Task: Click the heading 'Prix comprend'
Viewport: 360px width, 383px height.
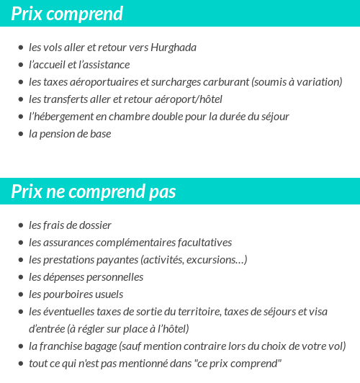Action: point(67,14)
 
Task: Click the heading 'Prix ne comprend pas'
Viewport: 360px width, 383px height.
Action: point(94,191)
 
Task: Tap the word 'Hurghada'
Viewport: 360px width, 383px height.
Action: point(174,48)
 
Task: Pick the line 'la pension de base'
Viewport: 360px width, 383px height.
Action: point(70,134)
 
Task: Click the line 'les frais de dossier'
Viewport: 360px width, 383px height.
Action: point(70,225)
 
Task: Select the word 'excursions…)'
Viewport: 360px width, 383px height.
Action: point(217,260)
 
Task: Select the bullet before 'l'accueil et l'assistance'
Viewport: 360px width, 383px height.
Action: point(21,66)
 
